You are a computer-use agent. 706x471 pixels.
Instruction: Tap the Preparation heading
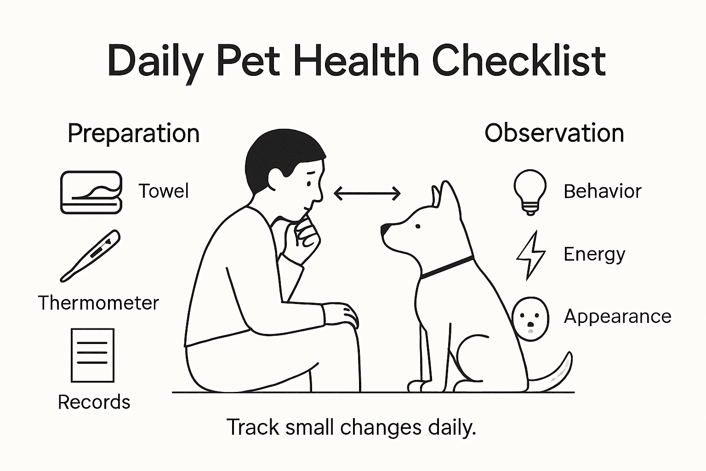(x=133, y=134)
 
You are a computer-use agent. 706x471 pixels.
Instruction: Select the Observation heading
(x=554, y=133)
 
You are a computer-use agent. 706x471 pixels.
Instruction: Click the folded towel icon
(x=91, y=192)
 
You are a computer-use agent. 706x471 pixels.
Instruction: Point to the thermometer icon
(x=91, y=256)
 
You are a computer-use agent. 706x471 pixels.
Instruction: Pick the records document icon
(x=92, y=355)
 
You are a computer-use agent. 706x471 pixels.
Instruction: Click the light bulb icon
(x=530, y=191)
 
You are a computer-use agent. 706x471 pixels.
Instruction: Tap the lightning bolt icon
(x=531, y=255)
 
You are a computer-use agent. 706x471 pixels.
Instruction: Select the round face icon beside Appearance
(x=530, y=318)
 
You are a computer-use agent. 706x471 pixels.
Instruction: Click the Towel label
(x=164, y=191)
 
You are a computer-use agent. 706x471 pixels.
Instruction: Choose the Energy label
(x=594, y=254)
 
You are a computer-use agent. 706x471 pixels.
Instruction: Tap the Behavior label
(x=602, y=191)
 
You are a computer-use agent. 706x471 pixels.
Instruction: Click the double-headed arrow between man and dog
(x=367, y=194)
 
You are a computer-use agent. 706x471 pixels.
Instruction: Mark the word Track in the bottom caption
(x=253, y=427)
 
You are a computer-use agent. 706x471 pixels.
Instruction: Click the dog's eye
(x=418, y=226)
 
